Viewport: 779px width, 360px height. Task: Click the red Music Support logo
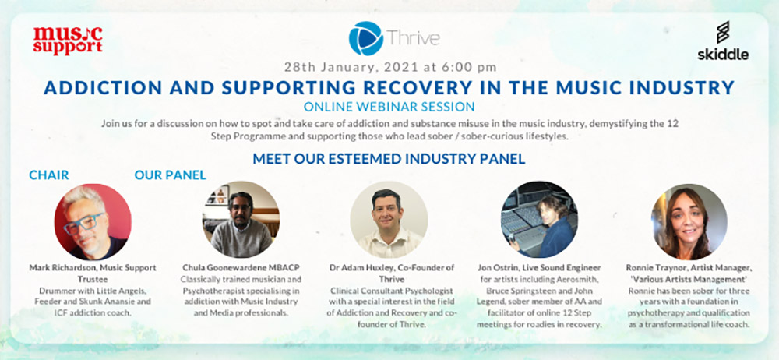(68, 41)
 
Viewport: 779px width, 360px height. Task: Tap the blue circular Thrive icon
(365, 38)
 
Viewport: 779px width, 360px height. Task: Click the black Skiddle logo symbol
(723, 32)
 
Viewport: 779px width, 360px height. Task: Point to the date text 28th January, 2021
(347, 65)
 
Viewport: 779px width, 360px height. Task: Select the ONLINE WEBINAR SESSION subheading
(389, 107)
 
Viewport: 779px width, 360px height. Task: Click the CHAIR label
(48, 175)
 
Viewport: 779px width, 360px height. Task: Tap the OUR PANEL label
(170, 175)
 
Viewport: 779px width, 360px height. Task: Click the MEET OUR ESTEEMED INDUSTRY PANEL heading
(389, 159)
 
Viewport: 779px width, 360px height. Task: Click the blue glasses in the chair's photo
(83, 224)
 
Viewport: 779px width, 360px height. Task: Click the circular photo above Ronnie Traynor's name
(689, 221)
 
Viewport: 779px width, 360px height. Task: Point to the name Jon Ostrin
(496, 268)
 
